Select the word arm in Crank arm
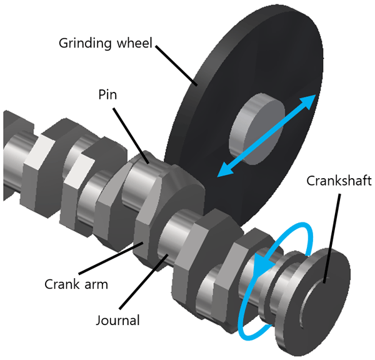pos(95,286)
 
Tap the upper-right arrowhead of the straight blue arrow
pos(310,101)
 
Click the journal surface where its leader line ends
pos(166,255)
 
